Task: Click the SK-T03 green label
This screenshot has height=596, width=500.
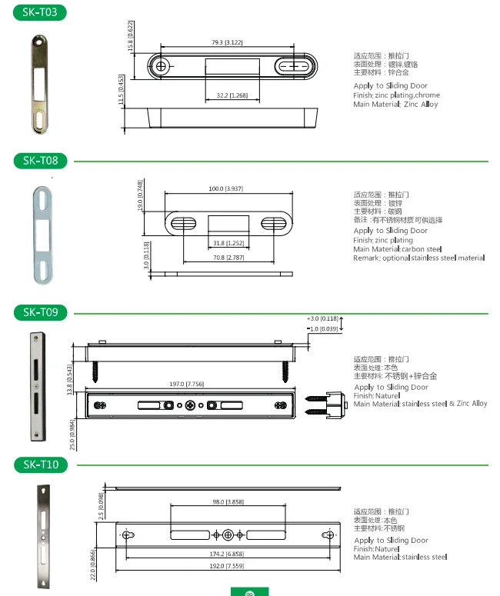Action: (39, 12)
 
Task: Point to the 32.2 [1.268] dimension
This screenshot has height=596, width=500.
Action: (232, 95)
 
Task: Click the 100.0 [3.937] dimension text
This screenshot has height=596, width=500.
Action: (225, 188)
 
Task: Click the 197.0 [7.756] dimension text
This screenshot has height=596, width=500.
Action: (188, 383)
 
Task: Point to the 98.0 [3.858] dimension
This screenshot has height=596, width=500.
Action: (228, 501)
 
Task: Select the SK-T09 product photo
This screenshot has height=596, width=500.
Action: (35, 387)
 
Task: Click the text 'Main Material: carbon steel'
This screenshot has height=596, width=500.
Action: (397, 249)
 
